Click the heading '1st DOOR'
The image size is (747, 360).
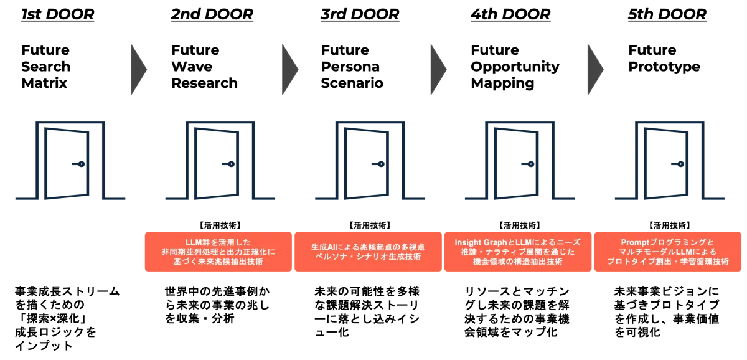(58, 14)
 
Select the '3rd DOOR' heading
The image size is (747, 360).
(360, 14)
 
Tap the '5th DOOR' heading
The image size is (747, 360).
(667, 14)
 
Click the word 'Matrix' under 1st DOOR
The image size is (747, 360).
(44, 83)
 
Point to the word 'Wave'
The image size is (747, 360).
(192, 67)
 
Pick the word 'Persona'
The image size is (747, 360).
(350, 67)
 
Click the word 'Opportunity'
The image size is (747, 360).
(515, 67)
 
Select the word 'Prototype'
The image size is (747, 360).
(664, 67)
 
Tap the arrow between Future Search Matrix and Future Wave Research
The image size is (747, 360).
(138, 69)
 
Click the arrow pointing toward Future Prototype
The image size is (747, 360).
(595, 69)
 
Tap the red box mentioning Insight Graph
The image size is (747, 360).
(518, 252)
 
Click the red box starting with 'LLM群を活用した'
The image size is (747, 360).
(218, 252)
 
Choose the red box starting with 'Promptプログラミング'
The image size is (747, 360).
(667, 252)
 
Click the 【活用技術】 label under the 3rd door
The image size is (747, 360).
(370, 225)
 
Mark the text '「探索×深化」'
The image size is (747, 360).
(51, 319)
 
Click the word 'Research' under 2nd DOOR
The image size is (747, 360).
(204, 83)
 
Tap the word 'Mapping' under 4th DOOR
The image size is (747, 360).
(502, 83)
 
